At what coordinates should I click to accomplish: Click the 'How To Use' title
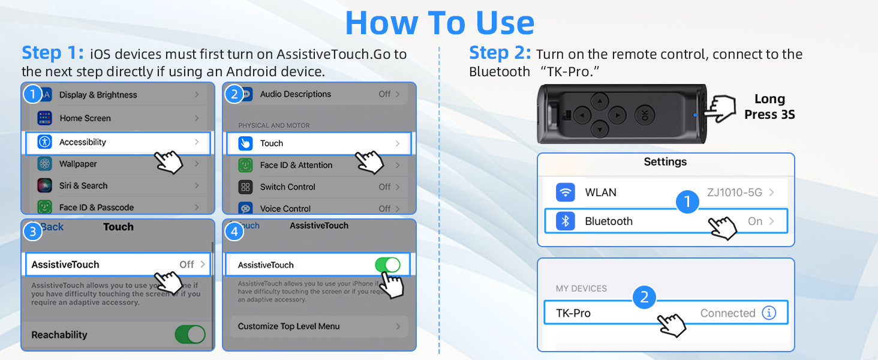click(x=440, y=23)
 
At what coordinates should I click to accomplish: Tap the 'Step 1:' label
click(x=52, y=53)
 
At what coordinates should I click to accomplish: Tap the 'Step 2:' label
click(x=500, y=53)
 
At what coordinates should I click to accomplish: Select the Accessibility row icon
click(x=45, y=142)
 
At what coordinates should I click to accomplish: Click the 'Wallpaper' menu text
click(x=78, y=164)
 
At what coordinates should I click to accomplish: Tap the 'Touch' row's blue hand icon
click(x=245, y=143)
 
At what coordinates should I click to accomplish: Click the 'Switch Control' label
click(x=287, y=187)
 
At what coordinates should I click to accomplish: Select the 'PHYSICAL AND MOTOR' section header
click(x=274, y=125)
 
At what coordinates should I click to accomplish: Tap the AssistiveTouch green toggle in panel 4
click(x=387, y=265)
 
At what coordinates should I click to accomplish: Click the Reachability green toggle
click(x=190, y=335)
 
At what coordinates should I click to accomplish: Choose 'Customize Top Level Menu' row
click(x=288, y=326)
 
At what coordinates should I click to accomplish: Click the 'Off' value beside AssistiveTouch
click(x=187, y=265)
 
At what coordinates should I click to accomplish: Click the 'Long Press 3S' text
click(x=769, y=107)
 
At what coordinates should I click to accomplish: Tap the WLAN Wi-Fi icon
click(x=565, y=193)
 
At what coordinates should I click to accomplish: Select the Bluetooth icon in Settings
click(x=565, y=221)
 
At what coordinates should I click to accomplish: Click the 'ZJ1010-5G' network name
click(x=734, y=193)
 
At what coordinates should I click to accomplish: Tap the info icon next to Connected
click(x=769, y=313)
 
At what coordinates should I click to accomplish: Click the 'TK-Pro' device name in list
click(x=573, y=313)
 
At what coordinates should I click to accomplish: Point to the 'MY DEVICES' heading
click(x=581, y=289)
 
